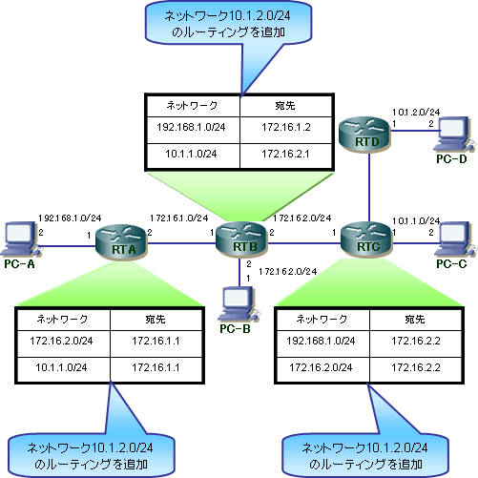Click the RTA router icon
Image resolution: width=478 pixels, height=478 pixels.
click(121, 242)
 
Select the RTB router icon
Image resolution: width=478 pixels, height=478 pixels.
click(241, 239)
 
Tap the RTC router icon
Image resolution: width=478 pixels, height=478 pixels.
click(366, 239)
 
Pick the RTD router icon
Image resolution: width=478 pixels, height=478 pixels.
click(364, 135)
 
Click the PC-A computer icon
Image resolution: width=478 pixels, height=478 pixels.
click(20, 239)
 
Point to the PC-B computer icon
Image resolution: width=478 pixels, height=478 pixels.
click(239, 303)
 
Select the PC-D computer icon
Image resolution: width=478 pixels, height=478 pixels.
click(454, 134)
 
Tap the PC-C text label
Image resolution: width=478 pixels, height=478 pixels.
click(451, 264)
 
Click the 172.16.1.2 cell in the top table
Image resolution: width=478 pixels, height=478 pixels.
click(286, 127)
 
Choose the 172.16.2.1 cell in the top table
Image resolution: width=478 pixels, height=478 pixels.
click(285, 154)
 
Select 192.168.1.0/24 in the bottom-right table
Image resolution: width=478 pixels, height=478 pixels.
click(321, 341)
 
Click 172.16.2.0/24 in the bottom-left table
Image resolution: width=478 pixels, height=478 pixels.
click(61, 341)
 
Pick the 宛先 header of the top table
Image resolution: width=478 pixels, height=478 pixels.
click(285, 105)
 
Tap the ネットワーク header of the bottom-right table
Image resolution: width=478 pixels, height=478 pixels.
click(322, 319)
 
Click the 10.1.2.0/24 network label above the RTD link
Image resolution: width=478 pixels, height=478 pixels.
click(416, 112)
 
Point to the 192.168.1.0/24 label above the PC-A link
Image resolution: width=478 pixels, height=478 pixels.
click(70, 218)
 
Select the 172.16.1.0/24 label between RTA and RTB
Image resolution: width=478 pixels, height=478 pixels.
click(179, 218)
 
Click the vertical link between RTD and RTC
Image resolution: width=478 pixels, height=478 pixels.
click(369, 187)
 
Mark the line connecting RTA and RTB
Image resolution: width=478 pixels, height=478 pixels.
click(181, 243)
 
